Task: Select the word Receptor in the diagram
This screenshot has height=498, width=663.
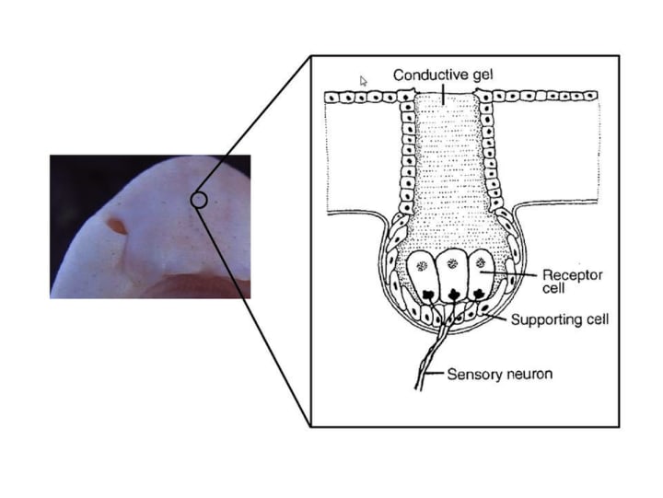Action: tap(570, 274)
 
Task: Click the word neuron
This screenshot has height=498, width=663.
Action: tap(527, 375)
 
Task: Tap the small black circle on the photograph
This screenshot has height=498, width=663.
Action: tap(198, 199)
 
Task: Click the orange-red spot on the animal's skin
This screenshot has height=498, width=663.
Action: tap(117, 224)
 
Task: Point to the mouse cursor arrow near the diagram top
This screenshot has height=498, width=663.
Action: tap(363, 80)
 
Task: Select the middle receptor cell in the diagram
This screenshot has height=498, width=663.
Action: tap(452, 274)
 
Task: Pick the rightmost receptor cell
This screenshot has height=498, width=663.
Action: tap(480, 274)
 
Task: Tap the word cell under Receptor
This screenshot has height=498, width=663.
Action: tap(553, 289)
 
